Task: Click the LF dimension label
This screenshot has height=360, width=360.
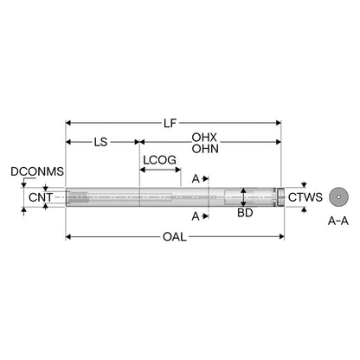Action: pos(170,123)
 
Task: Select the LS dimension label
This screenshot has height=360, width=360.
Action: pos(100,142)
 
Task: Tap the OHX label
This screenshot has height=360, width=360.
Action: pos(204,138)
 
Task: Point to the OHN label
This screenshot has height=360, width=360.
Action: pos(205,149)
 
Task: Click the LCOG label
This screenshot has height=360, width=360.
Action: pos(160,160)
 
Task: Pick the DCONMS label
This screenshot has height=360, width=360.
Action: pos(37,171)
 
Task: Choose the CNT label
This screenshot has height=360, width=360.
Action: pos(41,197)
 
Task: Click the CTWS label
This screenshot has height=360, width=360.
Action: pos(305,197)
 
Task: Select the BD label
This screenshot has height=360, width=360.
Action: pos(245,213)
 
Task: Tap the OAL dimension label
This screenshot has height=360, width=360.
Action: pos(175,237)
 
